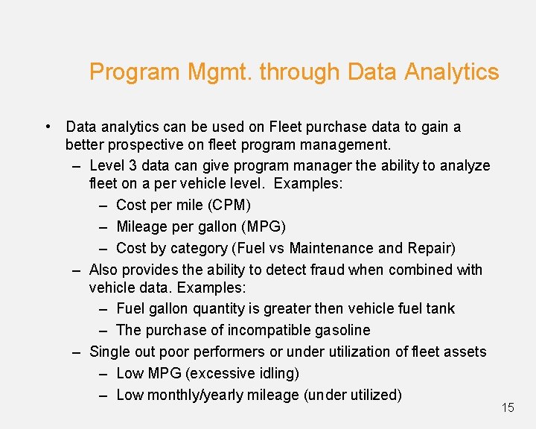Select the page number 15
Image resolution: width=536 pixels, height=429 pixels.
coord(508,407)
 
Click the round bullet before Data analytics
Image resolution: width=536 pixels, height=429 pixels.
coord(47,127)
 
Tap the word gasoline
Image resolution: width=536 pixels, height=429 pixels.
coord(337,330)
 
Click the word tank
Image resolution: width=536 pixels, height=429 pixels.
coord(440,308)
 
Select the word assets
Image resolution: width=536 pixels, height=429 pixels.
coord(465,352)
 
